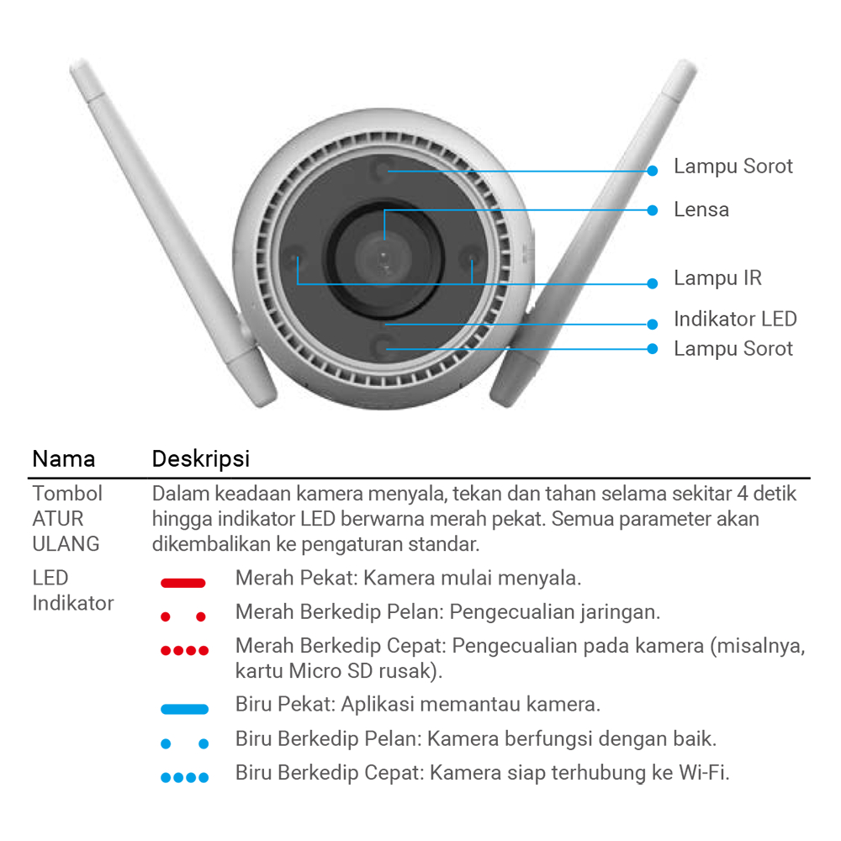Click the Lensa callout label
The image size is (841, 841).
(x=701, y=209)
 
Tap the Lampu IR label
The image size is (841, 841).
(x=717, y=278)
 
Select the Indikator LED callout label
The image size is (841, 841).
(x=735, y=319)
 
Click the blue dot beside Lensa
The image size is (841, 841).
(x=653, y=210)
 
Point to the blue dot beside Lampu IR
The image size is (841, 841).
(x=653, y=283)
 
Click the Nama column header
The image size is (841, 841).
(x=63, y=459)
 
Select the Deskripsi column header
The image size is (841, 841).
(x=201, y=459)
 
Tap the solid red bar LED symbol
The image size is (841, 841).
(x=182, y=583)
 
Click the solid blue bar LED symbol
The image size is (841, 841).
(x=184, y=709)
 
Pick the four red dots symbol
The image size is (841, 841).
(x=184, y=651)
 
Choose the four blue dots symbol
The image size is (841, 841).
(x=184, y=778)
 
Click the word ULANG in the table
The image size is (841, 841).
(x=66, y=544)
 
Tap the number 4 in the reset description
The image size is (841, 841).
(x=743, y=494)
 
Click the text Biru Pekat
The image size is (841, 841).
(x=285, y=704)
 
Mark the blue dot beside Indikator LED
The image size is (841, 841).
(x=653, y=324)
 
